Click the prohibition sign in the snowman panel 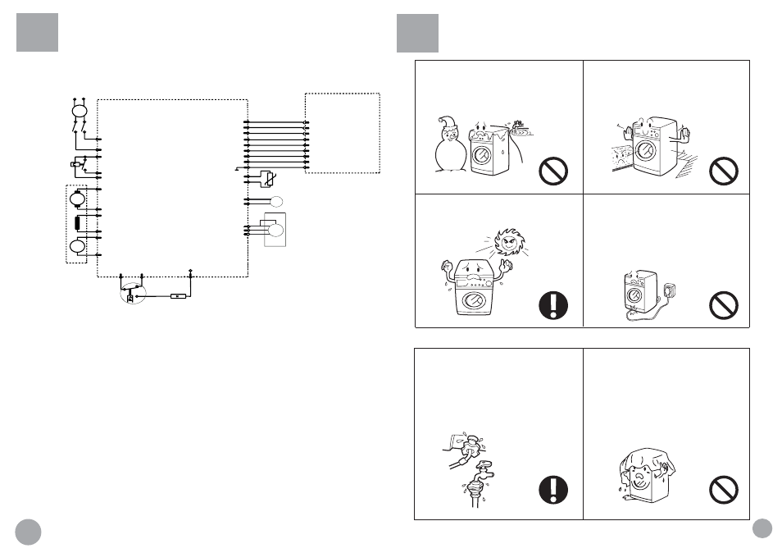555,173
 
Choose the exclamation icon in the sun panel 555,305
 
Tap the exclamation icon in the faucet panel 555,490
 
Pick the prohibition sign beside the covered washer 723,490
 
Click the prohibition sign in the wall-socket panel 723,305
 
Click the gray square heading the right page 417,33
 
